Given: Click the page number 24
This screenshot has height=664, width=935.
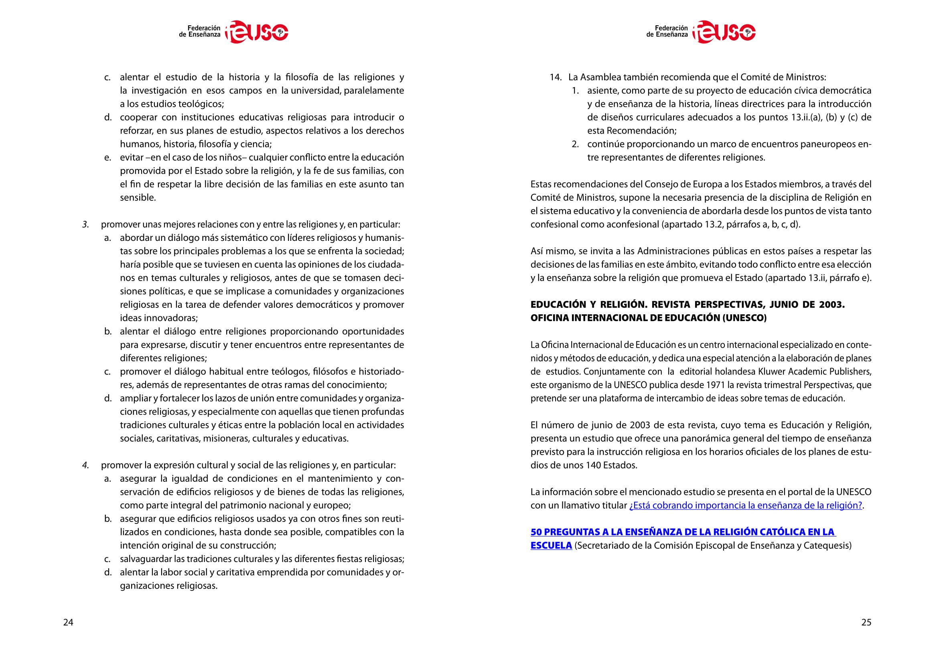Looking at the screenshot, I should pyautogui.click(x=68, y=622).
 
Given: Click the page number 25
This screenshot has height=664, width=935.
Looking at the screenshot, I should pyautogui.click(x=866, y=622).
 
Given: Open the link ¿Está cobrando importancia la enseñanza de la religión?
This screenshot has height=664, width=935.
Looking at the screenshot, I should pyautogui.click(x=745, y=505).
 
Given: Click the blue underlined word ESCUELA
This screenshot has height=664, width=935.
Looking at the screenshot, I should pyautogui.click(x=551, y=546).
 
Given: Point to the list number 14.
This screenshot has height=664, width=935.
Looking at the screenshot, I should pyautogui.click(x=556, y=77).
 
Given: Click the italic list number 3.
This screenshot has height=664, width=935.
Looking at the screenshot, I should pyautogui.click(x=85, y=224).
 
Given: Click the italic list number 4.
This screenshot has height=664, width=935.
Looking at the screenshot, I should pyautogui.click(x=85, y=465).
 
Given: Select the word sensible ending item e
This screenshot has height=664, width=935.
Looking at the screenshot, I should pyautogui.click(x=138, y=198).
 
